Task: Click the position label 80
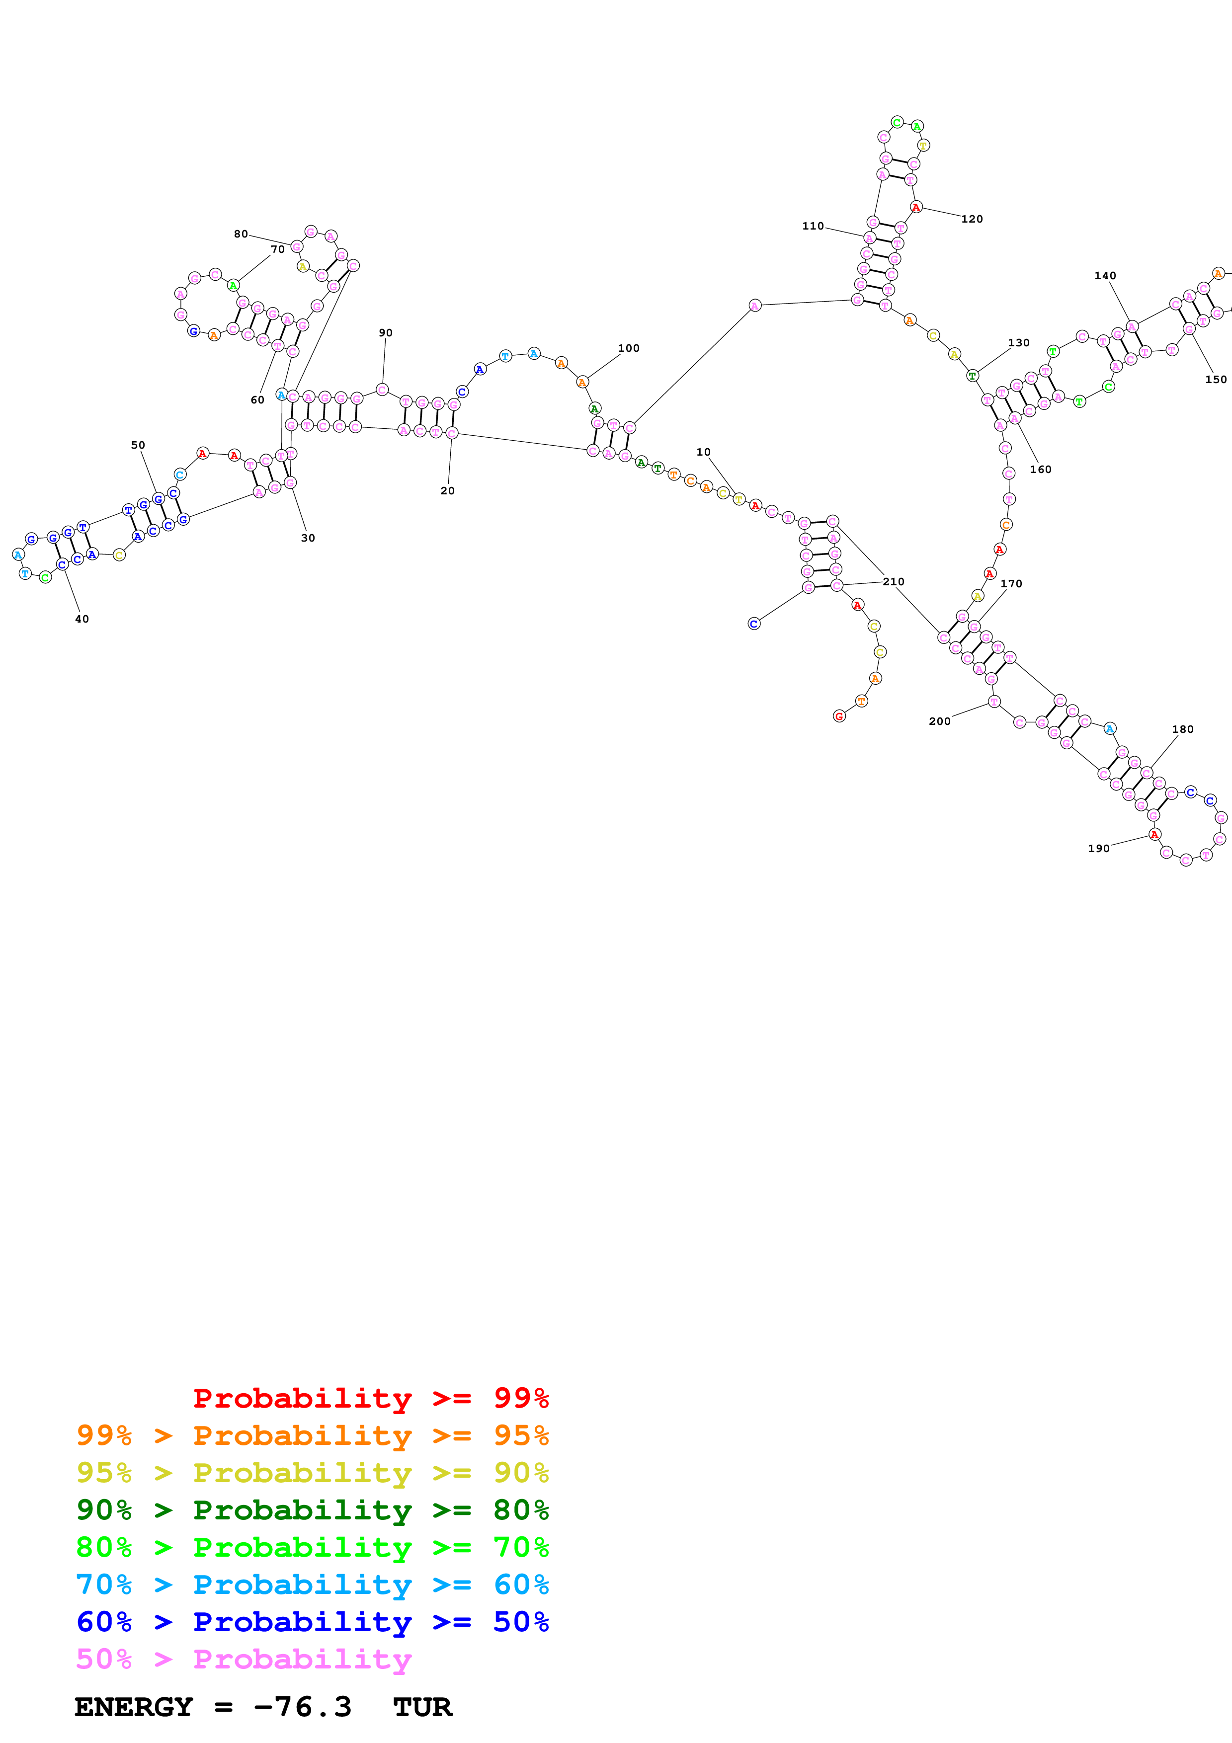pyautogui.click(x=241, y=234)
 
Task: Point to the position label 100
pyautogui.click(x=629, y=348)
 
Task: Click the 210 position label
pyautogui.click(x=894, y=581)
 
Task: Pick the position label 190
pyautogui.click(x=1098, y=848)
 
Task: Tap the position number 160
pyautogui.click(x=1040, y=469)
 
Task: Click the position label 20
pyautogui.click(x=448, y=490)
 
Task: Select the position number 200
pyautogui.click(x=940, y=721)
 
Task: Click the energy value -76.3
pyautogui.click(x=302, y=1707)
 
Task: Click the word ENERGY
pyautogui.click(x=134, y=1707)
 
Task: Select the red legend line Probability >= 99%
pyautogui.click(x=370, y=1398)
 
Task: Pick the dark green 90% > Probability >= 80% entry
pyautogui.click(x=312, y=1510)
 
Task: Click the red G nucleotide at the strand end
pyautogui.click(x=839, y=716)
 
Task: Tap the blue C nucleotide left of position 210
pyautogui.click(x=754, y=623)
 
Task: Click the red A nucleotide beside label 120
pyautogui.click(x=916, y=207)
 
